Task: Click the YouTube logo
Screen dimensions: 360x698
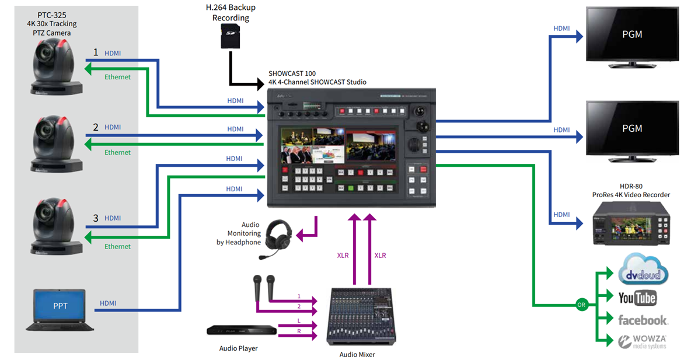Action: click(637, 298)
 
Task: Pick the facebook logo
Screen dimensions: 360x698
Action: click(643, 320)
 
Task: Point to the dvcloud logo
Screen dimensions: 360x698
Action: click(643, 272)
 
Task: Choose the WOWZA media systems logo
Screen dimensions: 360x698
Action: click(643, 341)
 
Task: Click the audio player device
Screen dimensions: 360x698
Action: click(241, 330)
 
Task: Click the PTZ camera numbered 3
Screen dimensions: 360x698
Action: click(54, 225)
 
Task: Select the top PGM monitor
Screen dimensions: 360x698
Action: click(632, 35)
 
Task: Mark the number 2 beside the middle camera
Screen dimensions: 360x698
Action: click(96, 127)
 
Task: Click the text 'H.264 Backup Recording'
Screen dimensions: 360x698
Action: click(231, 13)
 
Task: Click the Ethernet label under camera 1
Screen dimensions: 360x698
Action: click(117, 77)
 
